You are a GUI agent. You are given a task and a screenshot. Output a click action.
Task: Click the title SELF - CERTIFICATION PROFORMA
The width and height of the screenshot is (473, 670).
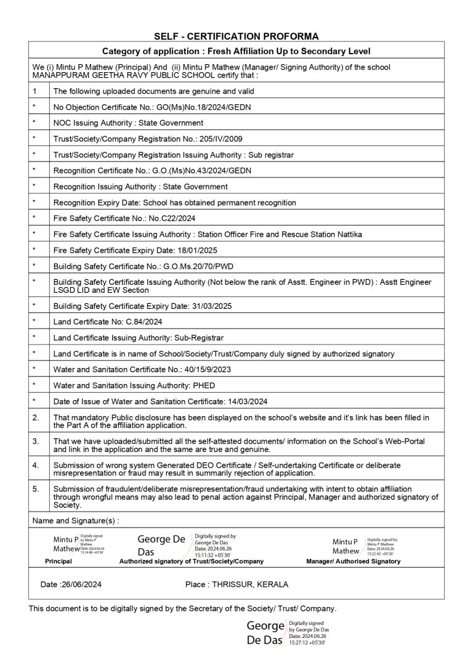[x=236, y=36]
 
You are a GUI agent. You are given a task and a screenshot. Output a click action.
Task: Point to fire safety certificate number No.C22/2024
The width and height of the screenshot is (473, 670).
[x=179, y=218]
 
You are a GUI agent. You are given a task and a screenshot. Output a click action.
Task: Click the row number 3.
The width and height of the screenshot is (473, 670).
[x=35, y=441]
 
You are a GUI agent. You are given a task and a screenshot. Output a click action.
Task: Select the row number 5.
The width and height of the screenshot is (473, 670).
[x=35, y=489]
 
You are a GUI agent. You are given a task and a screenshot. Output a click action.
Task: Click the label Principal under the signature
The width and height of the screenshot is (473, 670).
[x=59, y=562]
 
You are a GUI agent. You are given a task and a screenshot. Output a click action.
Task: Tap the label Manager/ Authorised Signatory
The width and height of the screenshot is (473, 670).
[x=353, y=562]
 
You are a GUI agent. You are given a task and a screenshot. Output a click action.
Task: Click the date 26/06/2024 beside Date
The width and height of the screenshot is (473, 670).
[x=83, y=584]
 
